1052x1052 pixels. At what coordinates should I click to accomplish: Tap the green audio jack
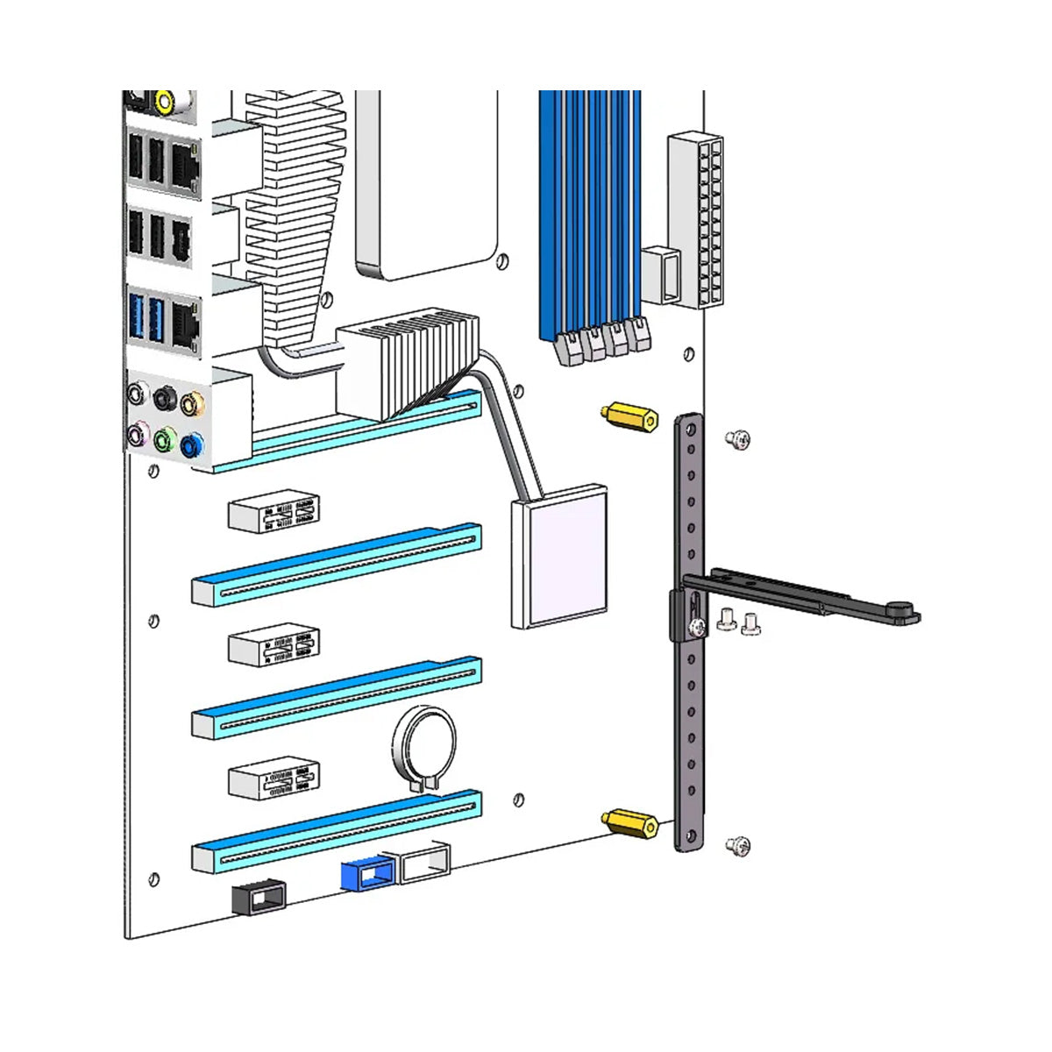click(x=163, y=440)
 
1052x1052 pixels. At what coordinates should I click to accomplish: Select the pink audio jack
click(x=136, y=432)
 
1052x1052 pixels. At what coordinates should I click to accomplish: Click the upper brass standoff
click(x=629, y=417)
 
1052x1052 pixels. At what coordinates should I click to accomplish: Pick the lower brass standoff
click(x=629, y=823)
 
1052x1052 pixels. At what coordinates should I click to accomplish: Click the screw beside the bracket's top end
click(x=737, y=440)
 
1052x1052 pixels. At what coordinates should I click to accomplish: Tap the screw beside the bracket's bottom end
click(x=738, y=846)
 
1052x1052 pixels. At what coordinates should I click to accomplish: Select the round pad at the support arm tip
click(x=899, y=607)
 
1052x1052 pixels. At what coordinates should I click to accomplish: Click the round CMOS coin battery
click(x=425, y=750)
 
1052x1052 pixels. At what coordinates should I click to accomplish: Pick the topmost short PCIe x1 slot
click(x=274, y=513)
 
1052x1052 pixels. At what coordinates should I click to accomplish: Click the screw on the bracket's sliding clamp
click(x=695, y=627)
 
